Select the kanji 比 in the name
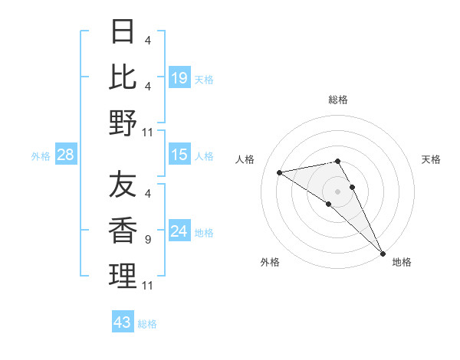[x=123, y=77]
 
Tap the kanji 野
[x=123, y=123]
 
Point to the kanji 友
[x=123, y=185]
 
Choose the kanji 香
[x=123, y=231]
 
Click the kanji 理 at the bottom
[x=123, y=277]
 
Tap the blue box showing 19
[x=179, y=77]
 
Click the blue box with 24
[x=179, y=232]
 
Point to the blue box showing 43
[x=123, y=322]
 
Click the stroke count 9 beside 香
[x=147, y=240]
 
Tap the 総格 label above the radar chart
[x=338, y=100]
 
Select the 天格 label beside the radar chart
[x=432, y=159]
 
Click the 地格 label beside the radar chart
[x=402, y=262]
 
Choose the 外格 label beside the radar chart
[x=270, y=262]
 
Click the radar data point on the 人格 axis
[x=280, y=172]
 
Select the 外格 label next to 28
[x=41, y=156]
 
